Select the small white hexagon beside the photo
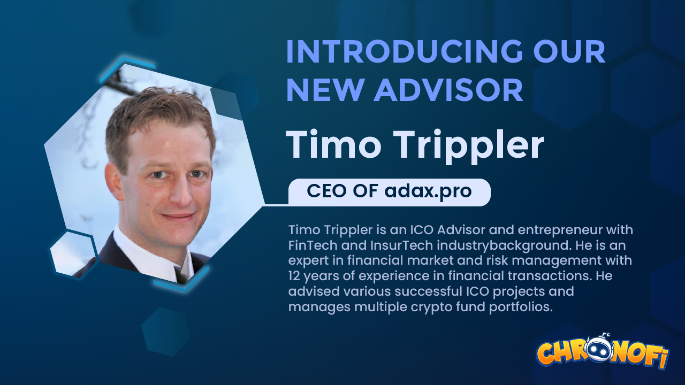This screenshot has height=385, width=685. [x=73, y=252]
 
